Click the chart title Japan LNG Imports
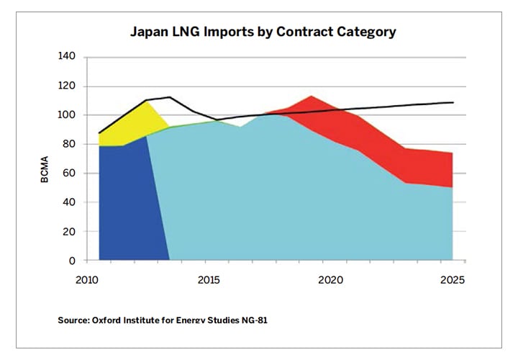tap(263, 32)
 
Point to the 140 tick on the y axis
tap(68, 57)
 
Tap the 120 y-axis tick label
tap(68, 86)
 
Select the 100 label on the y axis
tap(68, 115)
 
